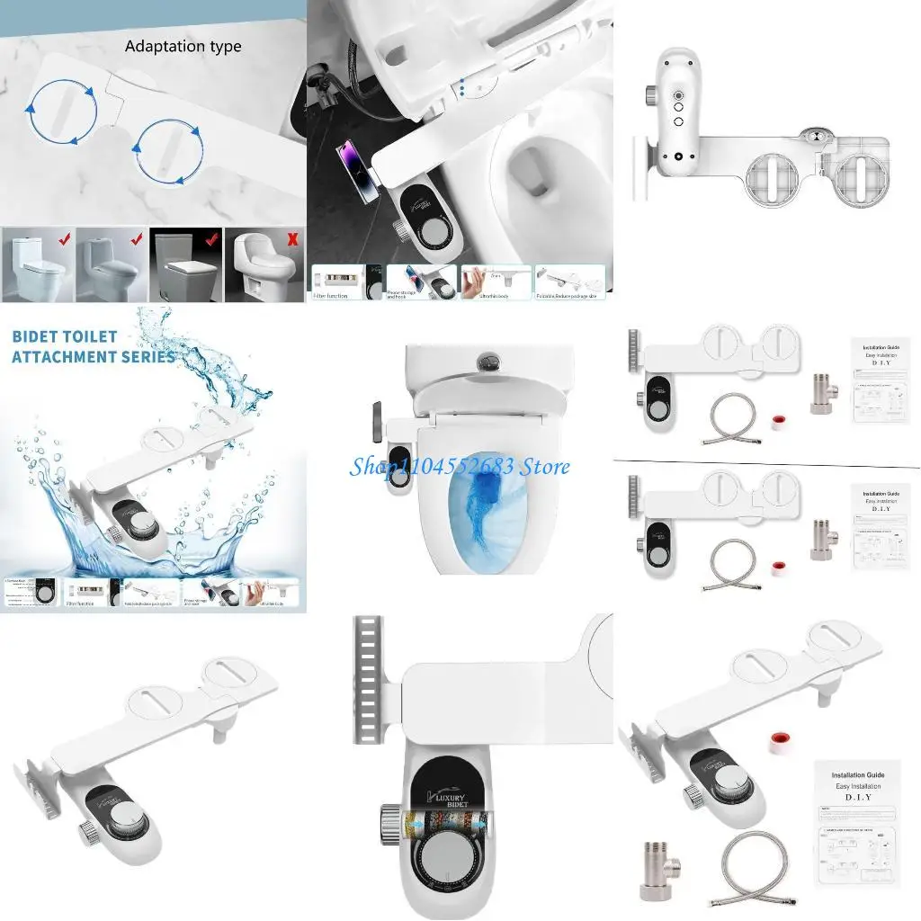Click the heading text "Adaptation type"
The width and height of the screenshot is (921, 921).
(183, 46)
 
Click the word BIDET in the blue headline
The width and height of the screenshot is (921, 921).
(39, 336)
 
